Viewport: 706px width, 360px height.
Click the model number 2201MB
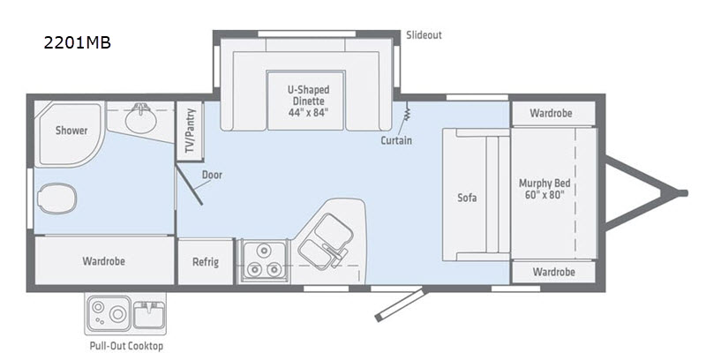[77, 42]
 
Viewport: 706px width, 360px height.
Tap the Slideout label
[424, 35]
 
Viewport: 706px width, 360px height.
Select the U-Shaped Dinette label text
[308, 101]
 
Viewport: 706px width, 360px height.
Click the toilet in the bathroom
[57, 198]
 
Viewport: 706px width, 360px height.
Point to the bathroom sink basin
[141, 118]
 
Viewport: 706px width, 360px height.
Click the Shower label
[71, 131]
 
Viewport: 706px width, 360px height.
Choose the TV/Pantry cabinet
[190, 131]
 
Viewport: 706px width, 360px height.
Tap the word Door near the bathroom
[212, 175]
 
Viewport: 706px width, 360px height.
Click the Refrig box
[206, 261]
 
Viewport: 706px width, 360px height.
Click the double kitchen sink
[324, 241]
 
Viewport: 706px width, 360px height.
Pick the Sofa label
[467, 197]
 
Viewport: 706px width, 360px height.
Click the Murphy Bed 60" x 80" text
[545, 189]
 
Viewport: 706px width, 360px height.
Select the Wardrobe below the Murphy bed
[553, 272]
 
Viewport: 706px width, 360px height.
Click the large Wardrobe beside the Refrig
[104, 260]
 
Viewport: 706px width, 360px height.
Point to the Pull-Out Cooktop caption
[126, 346]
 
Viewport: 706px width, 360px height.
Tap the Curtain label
[396, 140]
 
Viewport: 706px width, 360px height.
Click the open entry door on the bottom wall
[400, 304]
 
